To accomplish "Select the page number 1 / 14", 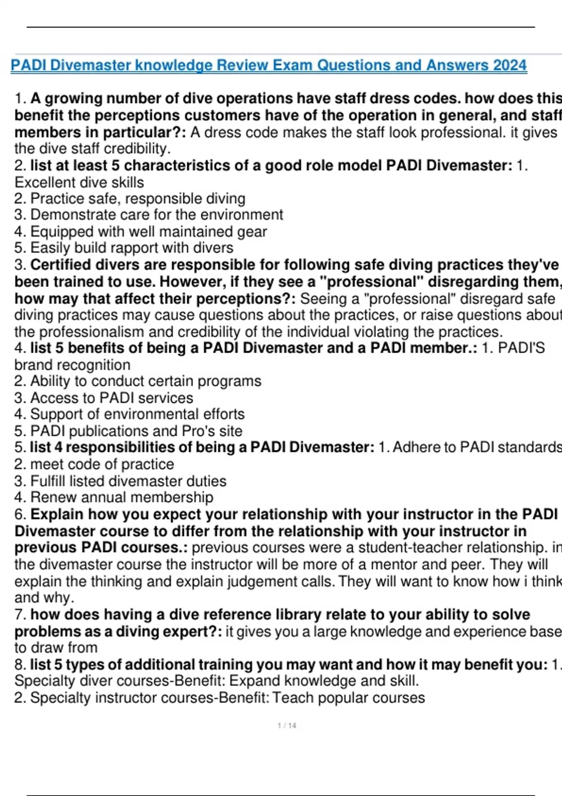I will click(287, 726).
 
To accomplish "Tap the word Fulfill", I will click(48, 481).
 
